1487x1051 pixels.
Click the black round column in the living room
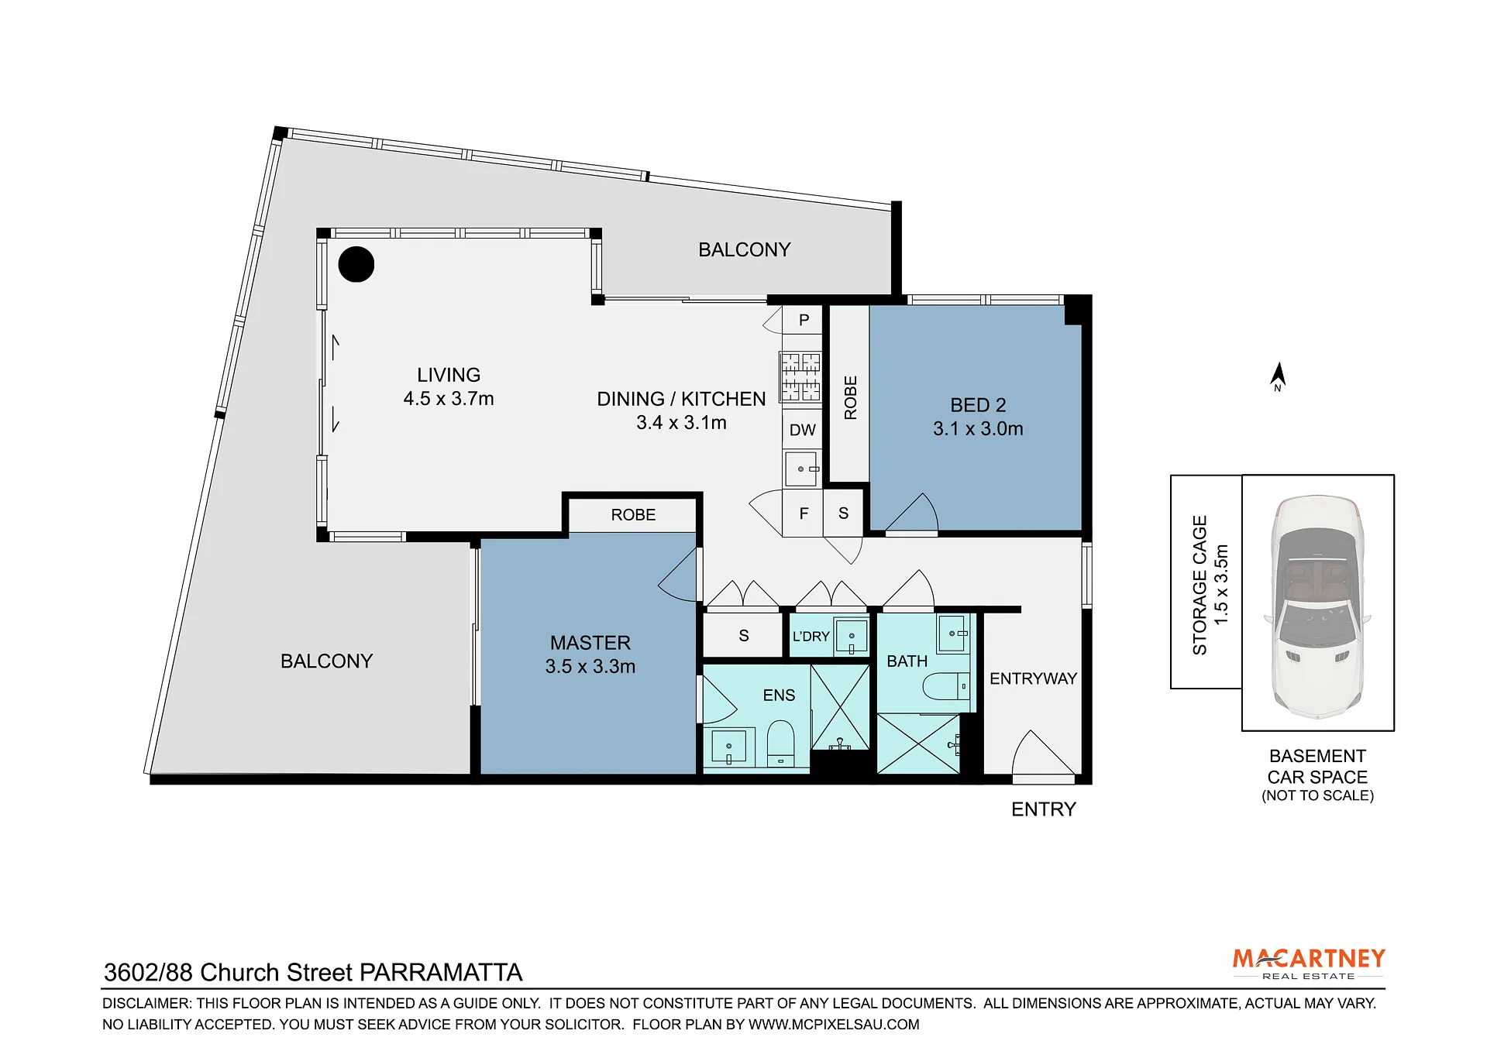coord(356,264)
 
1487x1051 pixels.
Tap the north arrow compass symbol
coord(1278,376)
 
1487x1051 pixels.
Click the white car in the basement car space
coord(1317,606)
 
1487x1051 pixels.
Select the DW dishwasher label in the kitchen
coord(803,431)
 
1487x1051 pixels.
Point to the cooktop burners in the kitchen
coord(800,377)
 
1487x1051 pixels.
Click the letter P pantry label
coord(804,320)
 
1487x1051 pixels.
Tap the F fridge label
coord(804,513)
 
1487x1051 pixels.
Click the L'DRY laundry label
coord(811,637)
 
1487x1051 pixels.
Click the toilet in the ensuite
coord(780,744)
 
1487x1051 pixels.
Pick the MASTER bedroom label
coord(590,643)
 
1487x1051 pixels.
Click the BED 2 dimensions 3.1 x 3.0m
coord(978,429)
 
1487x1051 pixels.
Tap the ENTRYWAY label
coord(1033,678)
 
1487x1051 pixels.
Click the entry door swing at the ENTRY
coord(1042,754)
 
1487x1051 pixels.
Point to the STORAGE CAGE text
coord(1200,586)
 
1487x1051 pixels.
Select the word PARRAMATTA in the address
coord(442,973)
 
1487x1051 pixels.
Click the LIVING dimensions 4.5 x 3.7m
coord(449,399)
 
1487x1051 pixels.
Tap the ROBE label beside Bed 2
coord(851,398)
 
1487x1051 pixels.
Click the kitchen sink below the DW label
coord(802,469)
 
